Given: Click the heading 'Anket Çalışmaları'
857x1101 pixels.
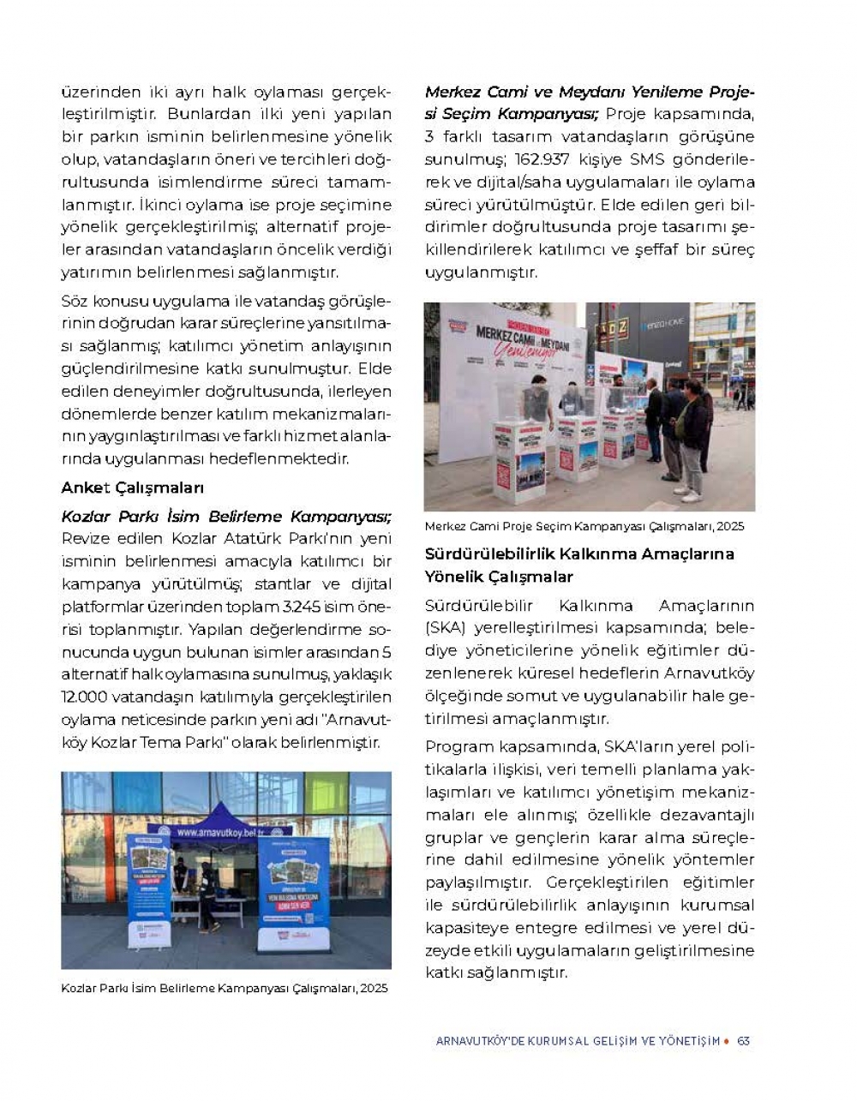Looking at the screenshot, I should (132, 488).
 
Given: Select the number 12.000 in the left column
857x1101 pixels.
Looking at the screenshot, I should (85, 697).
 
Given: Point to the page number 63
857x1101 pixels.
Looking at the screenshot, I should (743, 1041).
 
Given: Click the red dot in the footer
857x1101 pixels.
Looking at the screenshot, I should (727, 1041).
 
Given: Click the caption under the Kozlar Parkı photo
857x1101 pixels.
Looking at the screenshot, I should (225, 988).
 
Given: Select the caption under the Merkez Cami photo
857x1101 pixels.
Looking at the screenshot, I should (584, 526).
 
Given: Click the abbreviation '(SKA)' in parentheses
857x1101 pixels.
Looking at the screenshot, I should (445, 628).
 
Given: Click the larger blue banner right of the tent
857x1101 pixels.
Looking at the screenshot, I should (294, 891).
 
